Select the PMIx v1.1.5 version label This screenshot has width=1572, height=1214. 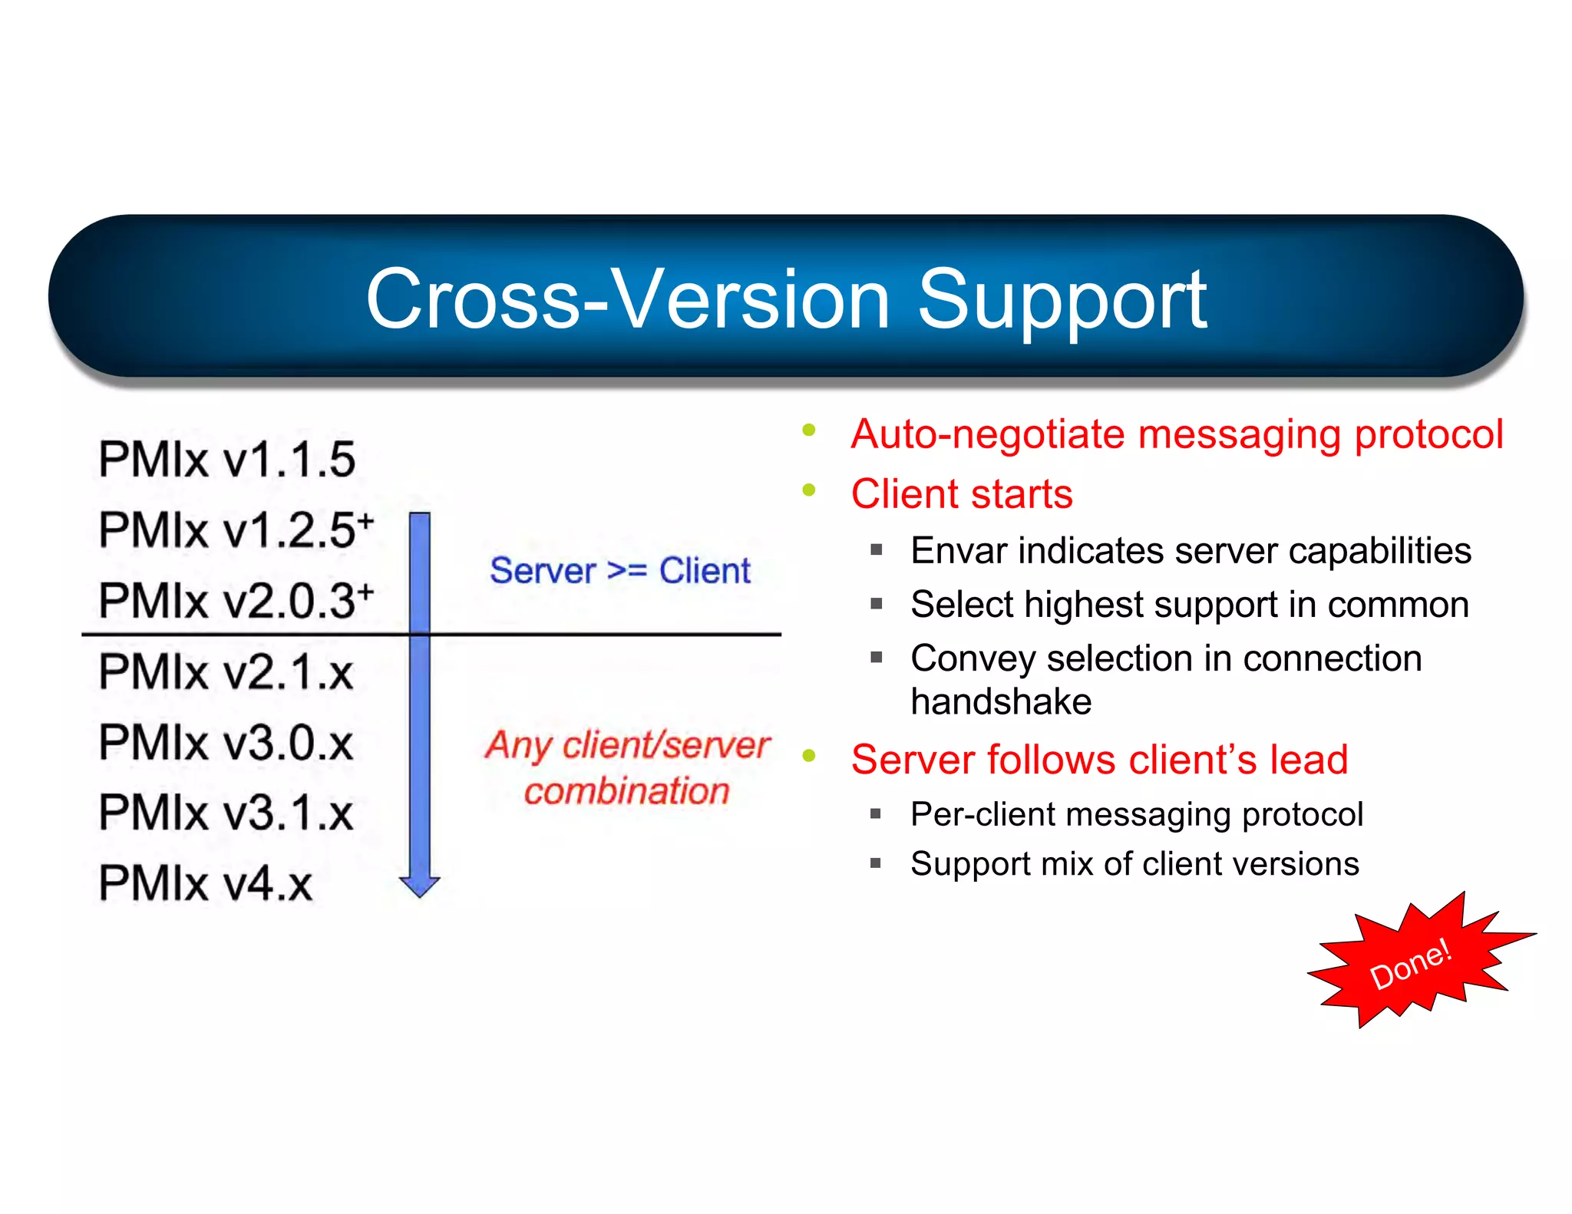[x=226, y=460]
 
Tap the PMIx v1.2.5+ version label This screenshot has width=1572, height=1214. [x=234, y=529]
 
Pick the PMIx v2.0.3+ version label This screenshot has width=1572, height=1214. [x=234, y=600]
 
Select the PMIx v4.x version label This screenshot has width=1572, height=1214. [x=205, y=883]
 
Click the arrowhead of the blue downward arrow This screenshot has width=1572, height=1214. [x=419, y=886]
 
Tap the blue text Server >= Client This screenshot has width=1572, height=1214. [x=619, y=571]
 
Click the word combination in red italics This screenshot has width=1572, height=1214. [x=626, y=791]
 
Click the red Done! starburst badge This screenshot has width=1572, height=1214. [x=1411, y=964]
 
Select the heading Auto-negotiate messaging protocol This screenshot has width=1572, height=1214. [x=1176, y=434]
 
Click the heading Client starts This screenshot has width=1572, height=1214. [x=961, y=493]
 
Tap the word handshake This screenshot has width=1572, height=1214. [x=1000, y=701]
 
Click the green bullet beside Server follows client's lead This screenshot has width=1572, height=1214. [x=808, y=756]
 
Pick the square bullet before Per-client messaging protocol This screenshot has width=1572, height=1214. [x=876, y=813]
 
